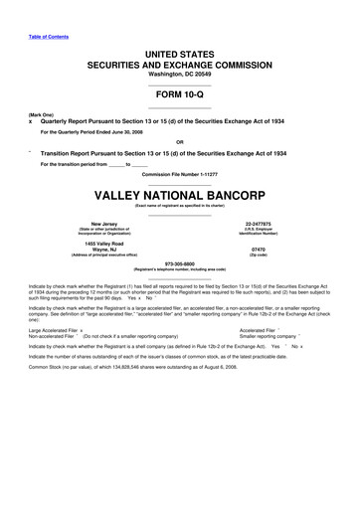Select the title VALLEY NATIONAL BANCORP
point(179,195)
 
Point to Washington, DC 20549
point(179,73)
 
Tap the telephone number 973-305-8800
point(179,263)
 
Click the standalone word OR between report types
point(179,140)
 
